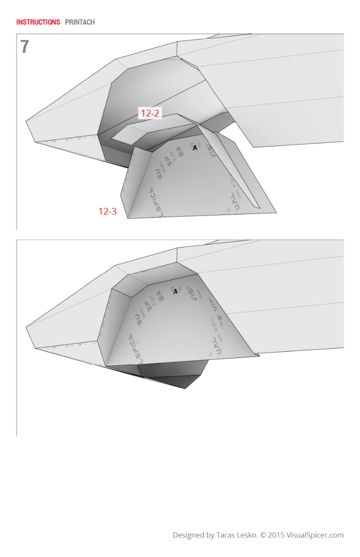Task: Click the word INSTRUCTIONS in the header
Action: [x=38, y=22]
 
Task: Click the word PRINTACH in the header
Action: [x=80, y=22]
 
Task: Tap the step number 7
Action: [x=25, y=47]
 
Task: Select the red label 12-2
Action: [x=150, y=113]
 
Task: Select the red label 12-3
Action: [x=107, y=211]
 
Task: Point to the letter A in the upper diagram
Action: [x=195, y=148]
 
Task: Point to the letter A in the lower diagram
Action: [x=175, y=291]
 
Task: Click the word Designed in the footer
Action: [x=189, y=535]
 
